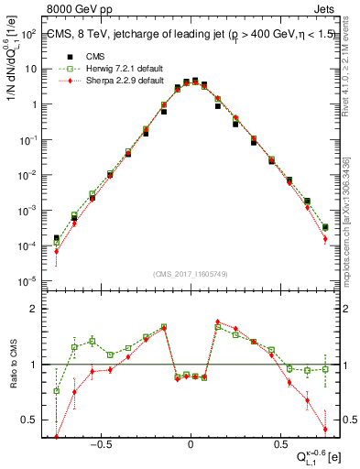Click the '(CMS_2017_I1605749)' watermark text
pyautogui.click(x=191, y=274)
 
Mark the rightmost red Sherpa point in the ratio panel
pyautogui.click(x=325, y=429)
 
